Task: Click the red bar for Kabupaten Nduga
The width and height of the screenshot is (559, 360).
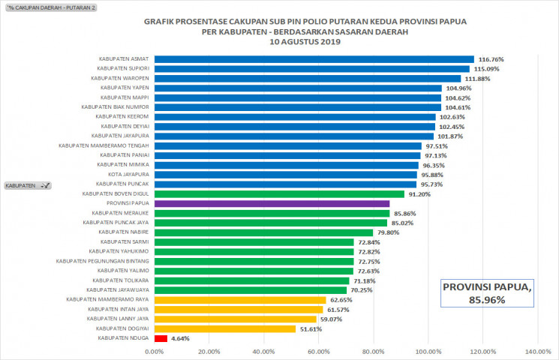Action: [161, 338]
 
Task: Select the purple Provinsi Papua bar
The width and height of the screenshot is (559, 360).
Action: [272, 203]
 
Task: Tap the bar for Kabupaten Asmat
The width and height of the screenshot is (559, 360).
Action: [314, 59]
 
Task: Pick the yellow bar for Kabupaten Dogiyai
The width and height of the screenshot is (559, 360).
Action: [225, 328]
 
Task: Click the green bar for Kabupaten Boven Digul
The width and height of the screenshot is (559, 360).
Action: [279, 193]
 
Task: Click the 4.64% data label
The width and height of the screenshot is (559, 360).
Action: [181, 339]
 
